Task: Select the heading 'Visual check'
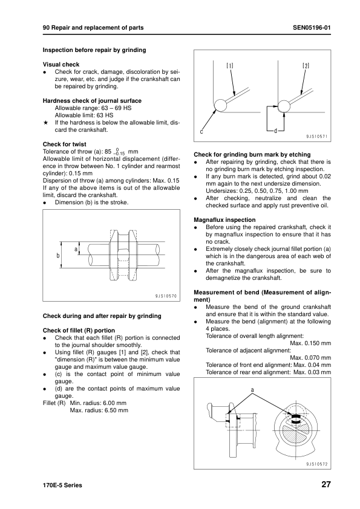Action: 61,64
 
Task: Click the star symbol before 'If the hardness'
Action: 45,122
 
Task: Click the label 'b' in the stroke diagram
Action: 58,255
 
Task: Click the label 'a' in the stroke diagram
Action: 76,248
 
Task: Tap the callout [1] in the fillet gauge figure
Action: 231,65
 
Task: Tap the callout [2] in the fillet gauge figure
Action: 306,65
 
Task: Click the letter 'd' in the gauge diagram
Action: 275,131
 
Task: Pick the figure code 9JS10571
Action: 316,137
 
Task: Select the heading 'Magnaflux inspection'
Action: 224,219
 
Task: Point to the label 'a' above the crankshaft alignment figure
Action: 251,391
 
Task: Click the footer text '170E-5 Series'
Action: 62,485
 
